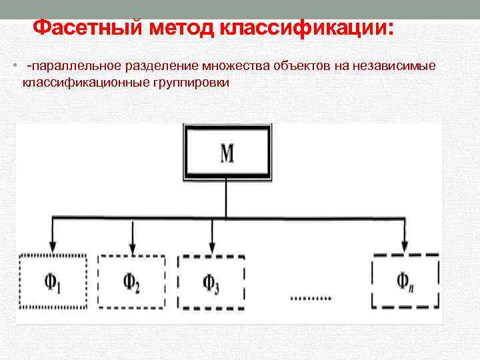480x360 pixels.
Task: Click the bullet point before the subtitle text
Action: click(x=14, y=67)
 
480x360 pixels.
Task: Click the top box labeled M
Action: click(x=227, y=153)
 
